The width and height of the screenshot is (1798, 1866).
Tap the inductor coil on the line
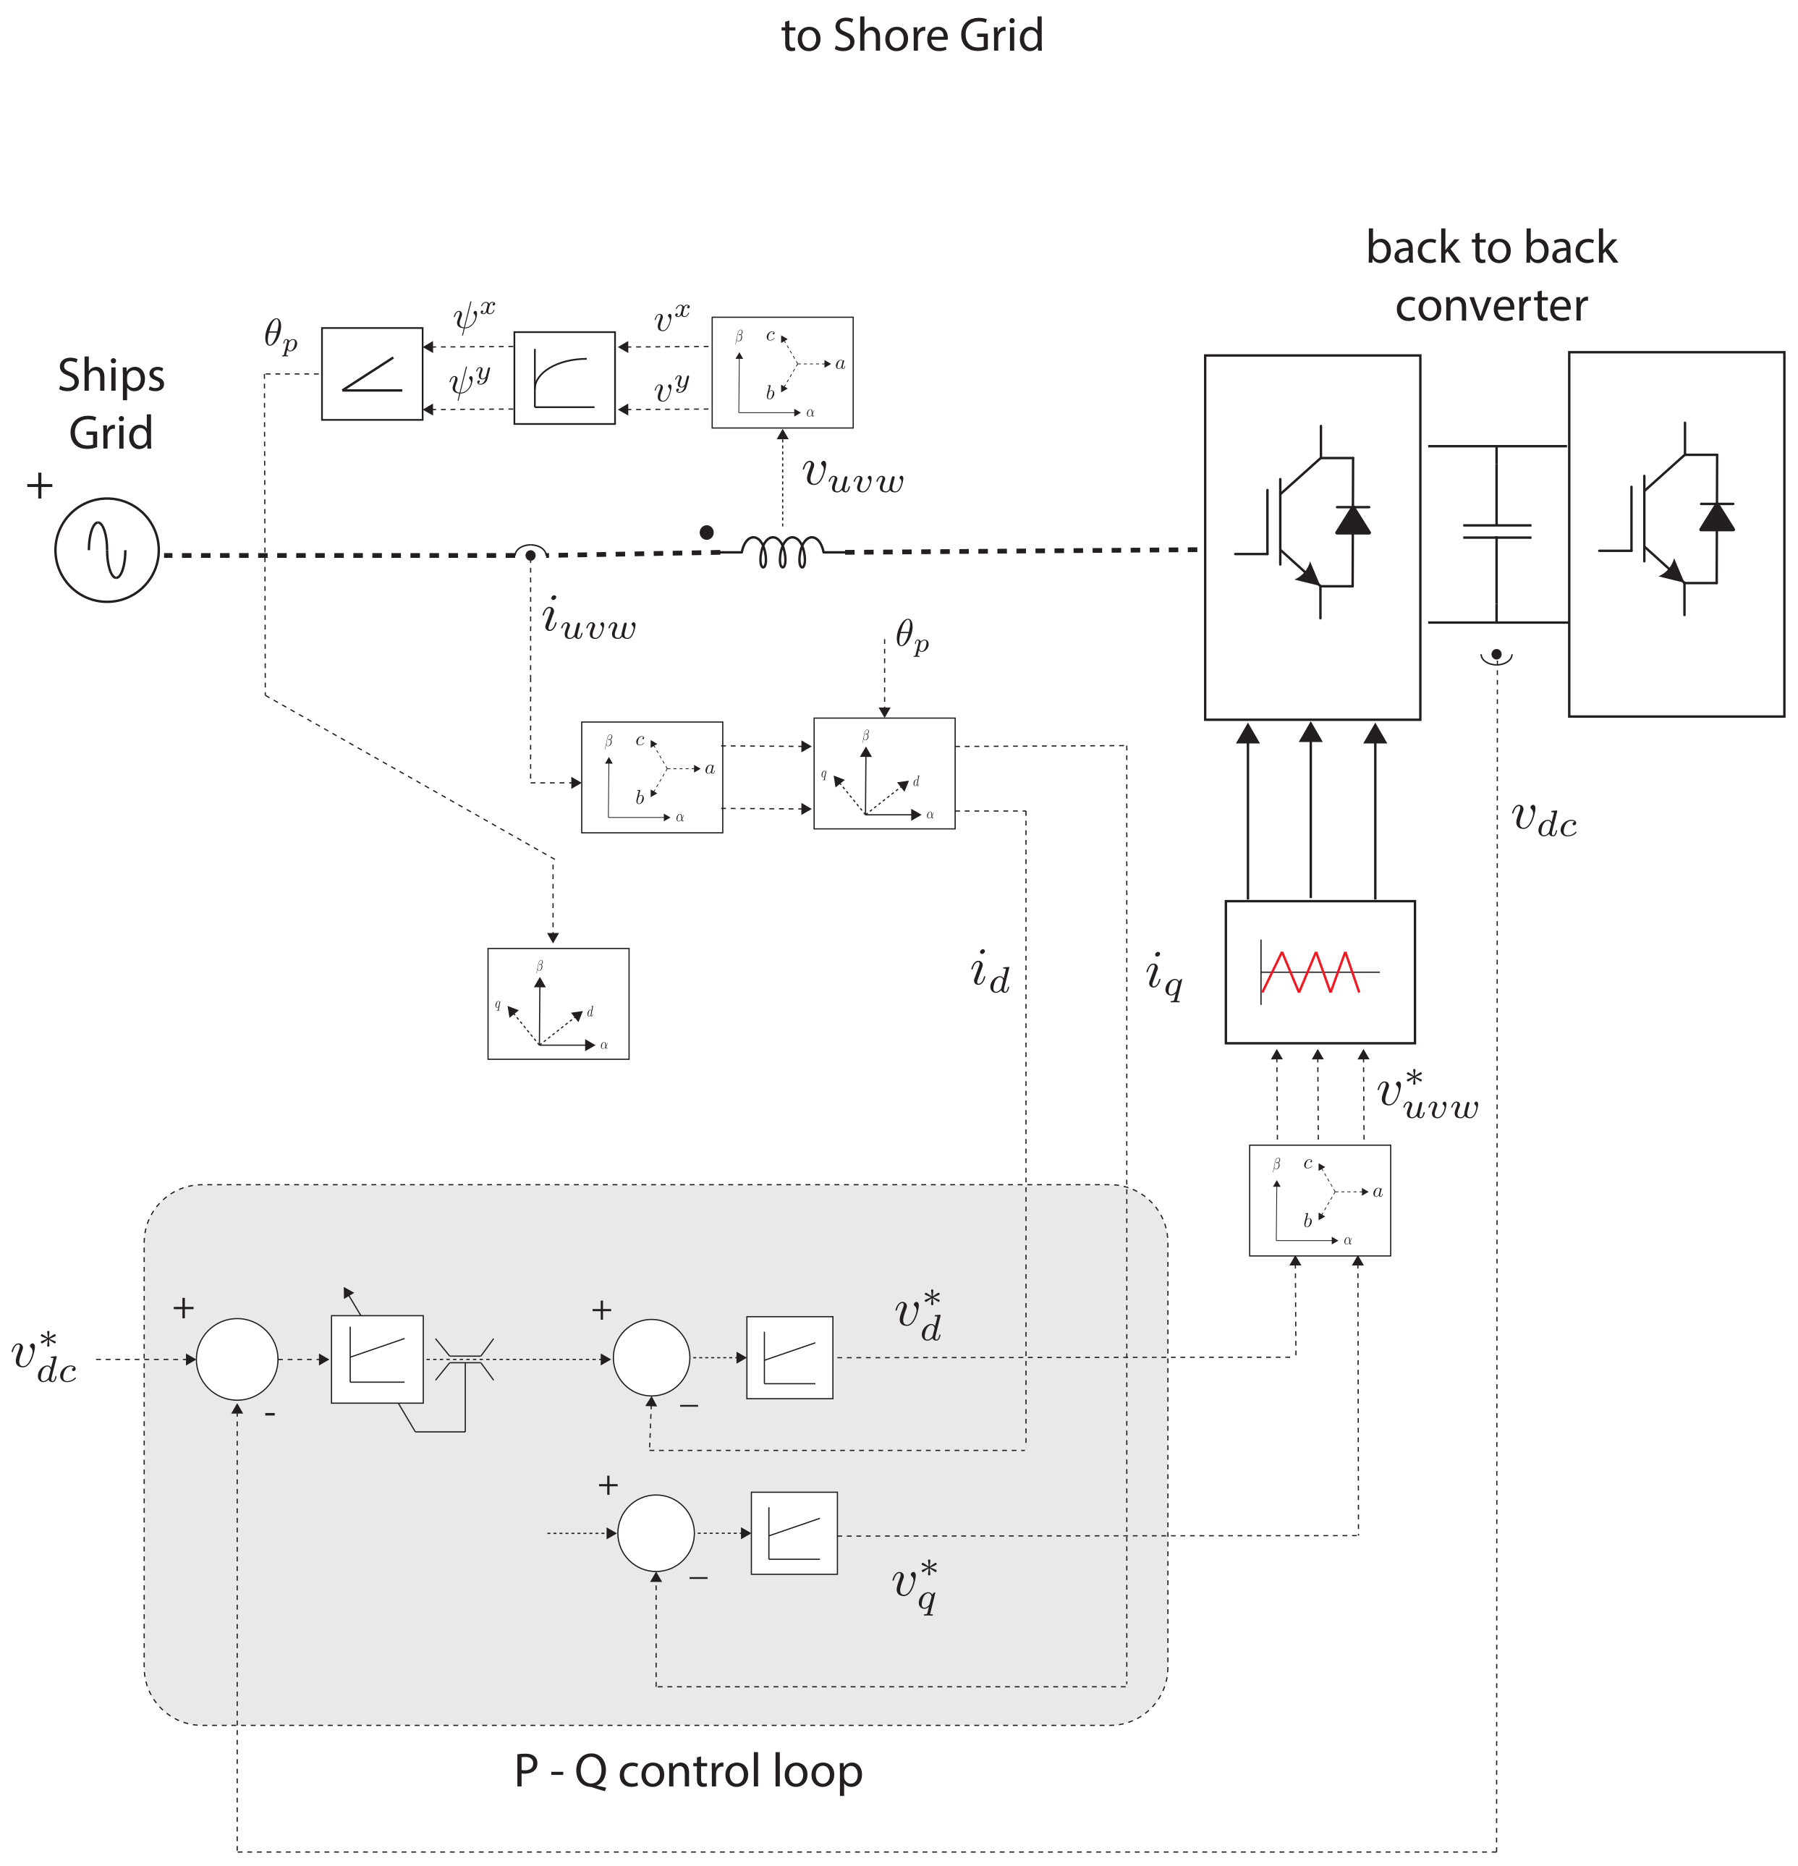[x=782, y=551]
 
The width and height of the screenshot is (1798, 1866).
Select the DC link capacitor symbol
[x=1496, y=531]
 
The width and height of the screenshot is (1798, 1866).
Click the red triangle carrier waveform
[x=1310, y=971]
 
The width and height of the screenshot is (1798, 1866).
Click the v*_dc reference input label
[x=44, y=1357]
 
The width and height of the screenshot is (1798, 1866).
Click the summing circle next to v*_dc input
[x=237, y=1359]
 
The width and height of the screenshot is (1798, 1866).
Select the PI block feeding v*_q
[x=794, y=1532]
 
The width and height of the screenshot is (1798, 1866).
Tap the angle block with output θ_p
[x=371, y=373]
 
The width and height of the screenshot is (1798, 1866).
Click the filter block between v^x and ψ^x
[x=564, y=378]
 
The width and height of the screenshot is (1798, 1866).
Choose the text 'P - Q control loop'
[x=688, y=1770]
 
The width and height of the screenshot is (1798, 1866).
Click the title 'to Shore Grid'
[x=912, y=35]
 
